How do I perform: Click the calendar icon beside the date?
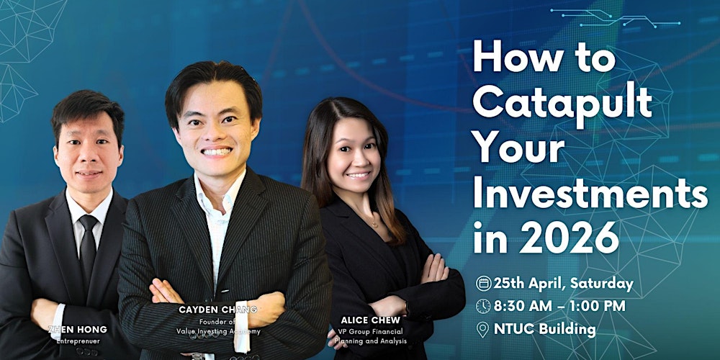(483, 284)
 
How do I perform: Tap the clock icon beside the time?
(483, 307)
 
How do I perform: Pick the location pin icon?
(483, 330)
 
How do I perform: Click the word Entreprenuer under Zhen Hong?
(80, 340)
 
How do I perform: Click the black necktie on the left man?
(89, 245)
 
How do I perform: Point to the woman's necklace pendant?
(373, 224)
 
